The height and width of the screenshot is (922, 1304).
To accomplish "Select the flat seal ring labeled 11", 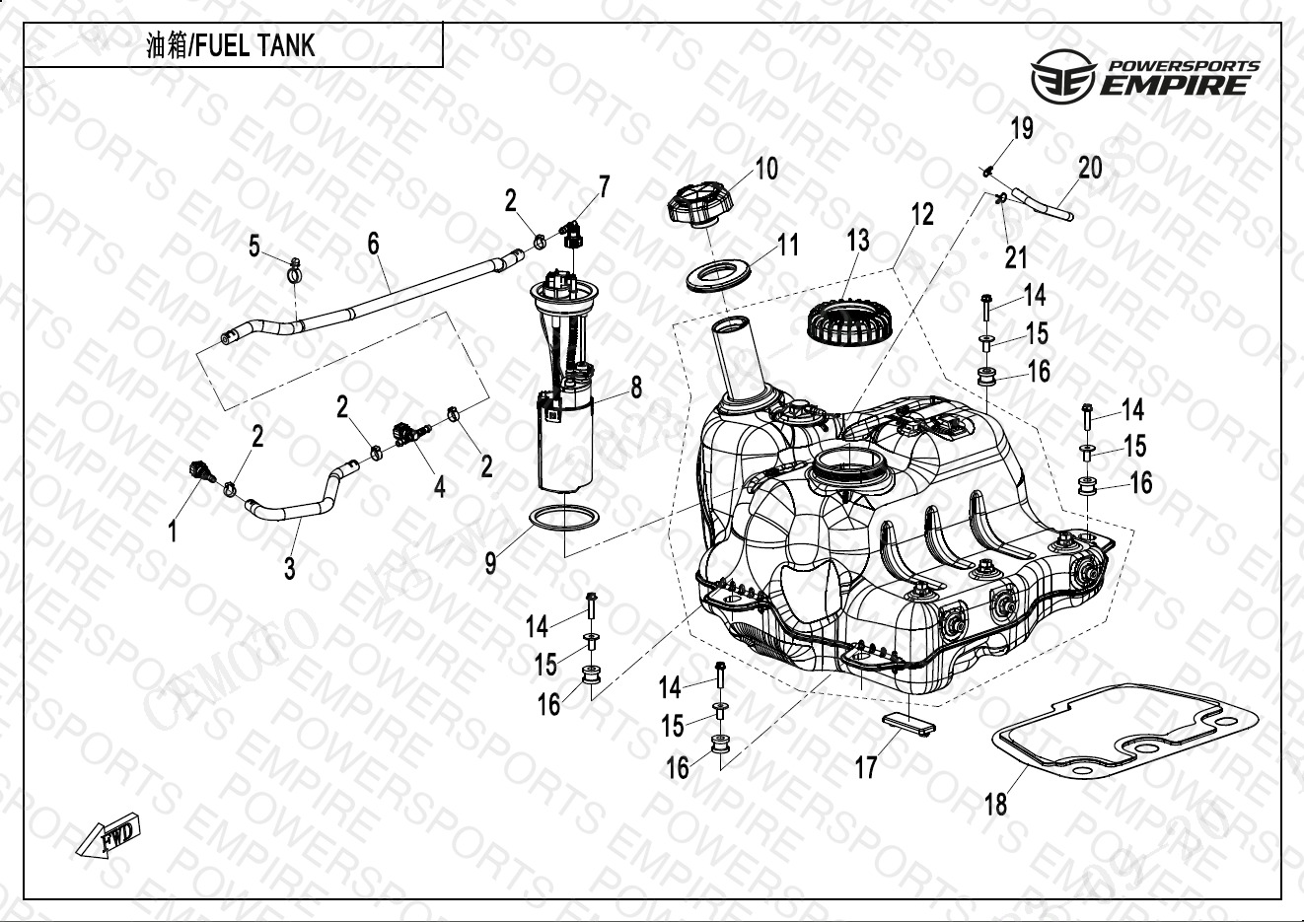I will (x=719, y=275).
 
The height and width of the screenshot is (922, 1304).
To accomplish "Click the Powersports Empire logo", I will (x=1144, y=77).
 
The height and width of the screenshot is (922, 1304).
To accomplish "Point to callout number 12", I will (x=921, y=214).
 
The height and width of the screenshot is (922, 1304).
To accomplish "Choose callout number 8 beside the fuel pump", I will (x=636, y=388).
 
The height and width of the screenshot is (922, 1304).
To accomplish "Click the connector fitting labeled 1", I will (x=201, y=470).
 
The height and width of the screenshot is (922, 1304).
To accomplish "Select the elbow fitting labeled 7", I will (x=572, y=232).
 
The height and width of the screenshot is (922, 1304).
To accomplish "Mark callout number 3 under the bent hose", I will (x=289, y=569).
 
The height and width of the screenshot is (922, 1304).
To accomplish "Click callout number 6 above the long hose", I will (x=374, y=244).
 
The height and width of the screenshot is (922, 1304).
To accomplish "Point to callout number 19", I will (x=1022, y=129).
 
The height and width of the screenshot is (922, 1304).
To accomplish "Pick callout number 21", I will (x=1016, y=256).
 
